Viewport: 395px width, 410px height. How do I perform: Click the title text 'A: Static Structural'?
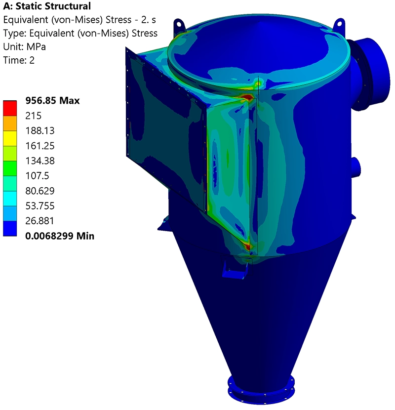pyautogui.click(x=47, y=6)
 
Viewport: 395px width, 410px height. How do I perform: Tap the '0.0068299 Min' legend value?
pyautogui.click(x=60, y=236)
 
